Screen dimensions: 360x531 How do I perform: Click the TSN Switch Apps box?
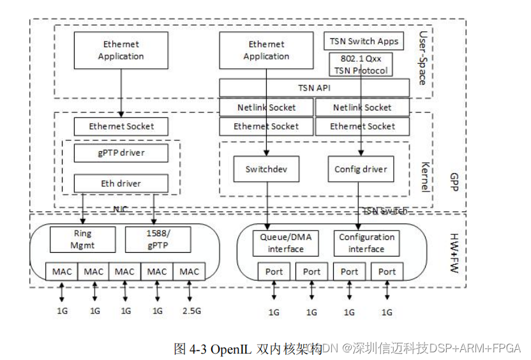coord(364,41)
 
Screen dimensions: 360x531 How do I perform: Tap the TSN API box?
coord(314,88)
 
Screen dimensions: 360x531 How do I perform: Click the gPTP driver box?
coord(121,153)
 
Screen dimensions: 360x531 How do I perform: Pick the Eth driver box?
coord(121,184)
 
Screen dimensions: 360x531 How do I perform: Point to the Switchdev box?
coord(267,169)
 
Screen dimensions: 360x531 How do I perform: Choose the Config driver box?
coord(361,169)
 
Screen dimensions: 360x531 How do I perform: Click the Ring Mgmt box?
coord(83,239)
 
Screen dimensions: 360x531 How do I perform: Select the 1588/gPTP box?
coord(157,239)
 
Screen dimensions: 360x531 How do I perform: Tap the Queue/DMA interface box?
coord(285,243)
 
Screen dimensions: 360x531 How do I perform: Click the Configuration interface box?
coord(366,243)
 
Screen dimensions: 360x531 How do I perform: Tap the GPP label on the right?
coord(454,178)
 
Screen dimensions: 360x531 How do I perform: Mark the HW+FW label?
coord(454,251)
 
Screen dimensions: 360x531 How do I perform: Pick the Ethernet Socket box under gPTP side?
coord(121,126)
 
